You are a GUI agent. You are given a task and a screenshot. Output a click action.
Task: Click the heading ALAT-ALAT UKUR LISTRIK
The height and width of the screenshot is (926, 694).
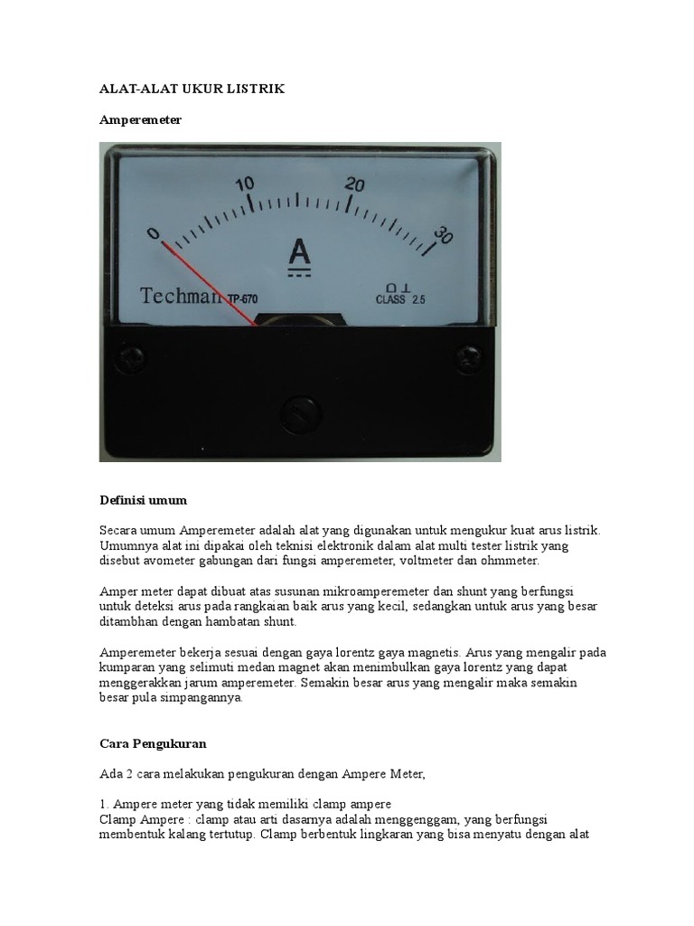pos(191,90)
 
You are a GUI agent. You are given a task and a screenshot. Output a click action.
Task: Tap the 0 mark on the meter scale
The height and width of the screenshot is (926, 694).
pos(154,232)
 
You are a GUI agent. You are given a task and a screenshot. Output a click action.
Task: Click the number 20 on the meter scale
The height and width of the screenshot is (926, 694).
pos(354,184)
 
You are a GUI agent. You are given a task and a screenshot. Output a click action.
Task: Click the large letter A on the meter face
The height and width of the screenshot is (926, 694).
pos(299,252)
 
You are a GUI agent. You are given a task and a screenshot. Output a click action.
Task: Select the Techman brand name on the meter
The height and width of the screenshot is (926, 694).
pos(182,295)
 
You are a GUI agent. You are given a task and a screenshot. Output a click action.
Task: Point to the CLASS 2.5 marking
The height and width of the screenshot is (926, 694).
pos(401,299)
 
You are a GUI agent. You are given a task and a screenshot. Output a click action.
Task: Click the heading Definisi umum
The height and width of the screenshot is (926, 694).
pos(143,499)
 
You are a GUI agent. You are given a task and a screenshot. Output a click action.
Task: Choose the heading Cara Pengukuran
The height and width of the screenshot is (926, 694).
pos(153,743)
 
